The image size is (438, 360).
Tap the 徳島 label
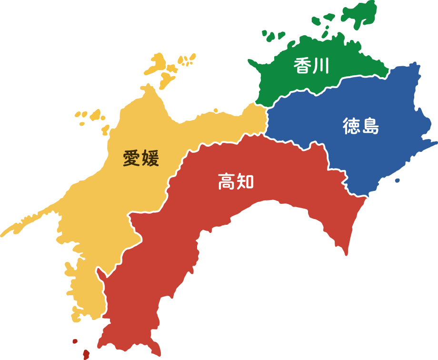point(360,126)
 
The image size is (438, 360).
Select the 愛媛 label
point(140,158)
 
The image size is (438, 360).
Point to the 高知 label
point(236,181)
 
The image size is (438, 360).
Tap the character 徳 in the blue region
point(351,126)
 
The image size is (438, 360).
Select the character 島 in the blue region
point(370,126)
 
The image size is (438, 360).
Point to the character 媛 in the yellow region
point(150,158)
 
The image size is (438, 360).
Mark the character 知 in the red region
point(245,181)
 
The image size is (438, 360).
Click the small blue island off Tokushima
point(397,180)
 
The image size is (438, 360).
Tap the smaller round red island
point(75,341)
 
